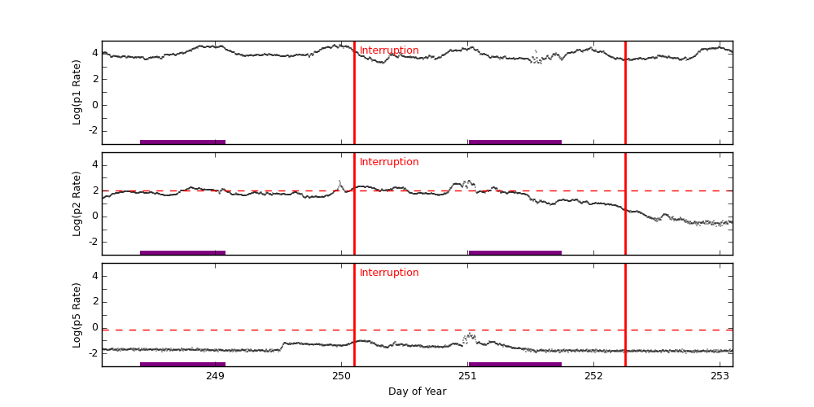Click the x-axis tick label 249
215,376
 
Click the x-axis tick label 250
341,376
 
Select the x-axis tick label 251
467,376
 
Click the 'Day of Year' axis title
417,392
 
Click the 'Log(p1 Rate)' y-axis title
77,92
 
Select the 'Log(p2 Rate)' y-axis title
77,203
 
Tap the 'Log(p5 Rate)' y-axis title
77,314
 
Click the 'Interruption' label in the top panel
389,50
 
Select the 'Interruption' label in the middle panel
389,162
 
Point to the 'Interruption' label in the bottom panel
389,273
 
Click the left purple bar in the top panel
182,142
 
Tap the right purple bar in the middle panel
514,252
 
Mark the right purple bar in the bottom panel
514,364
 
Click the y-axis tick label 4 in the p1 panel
94,53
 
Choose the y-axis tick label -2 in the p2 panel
93,242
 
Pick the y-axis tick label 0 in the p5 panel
94,327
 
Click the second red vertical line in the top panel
625,92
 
